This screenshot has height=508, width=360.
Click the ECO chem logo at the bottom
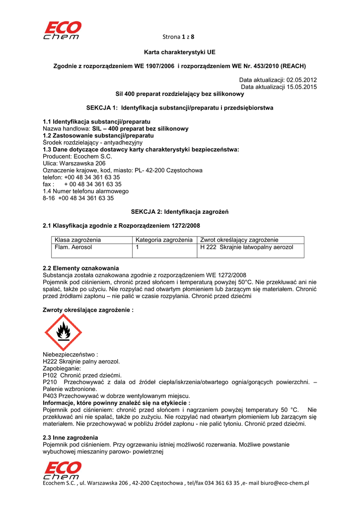(x=62, y=470)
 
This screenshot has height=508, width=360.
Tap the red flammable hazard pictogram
(x=63, y=332)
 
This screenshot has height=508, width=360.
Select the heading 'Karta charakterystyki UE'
(x=180, y=52)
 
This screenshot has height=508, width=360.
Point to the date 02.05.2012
(x=302, y=80)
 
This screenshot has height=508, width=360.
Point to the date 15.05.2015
(x=302, y=87)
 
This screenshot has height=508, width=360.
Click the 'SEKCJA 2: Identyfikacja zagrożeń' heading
(x=179, y=212)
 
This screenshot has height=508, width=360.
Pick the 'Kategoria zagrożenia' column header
(x=164, y=240)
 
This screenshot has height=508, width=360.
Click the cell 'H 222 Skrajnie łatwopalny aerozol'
(x=247, y=247)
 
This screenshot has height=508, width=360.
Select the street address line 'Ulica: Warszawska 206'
(x=74, y=163)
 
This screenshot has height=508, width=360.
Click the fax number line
(x=82, y=184)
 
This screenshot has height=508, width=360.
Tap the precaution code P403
(x=50, y=396)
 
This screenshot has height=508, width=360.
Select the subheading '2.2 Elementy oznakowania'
(x=81, y=268)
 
